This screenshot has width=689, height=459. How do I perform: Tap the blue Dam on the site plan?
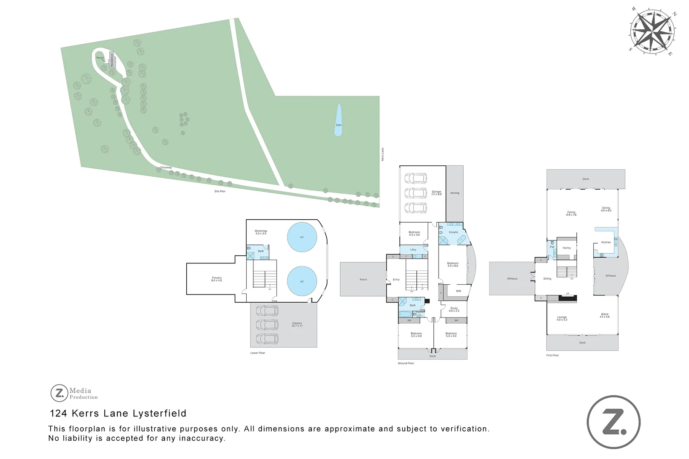(339, 121)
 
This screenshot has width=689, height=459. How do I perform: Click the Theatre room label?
(216, 279)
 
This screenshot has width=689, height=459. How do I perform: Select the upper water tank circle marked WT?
(302, 237)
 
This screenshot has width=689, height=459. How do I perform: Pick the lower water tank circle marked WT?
(302, 281)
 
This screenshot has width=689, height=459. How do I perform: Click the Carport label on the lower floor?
(297, 324)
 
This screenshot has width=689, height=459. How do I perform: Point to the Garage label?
(436, 193)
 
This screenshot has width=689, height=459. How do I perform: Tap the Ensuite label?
(453, 232)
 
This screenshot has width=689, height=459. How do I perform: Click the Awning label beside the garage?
(455, 193)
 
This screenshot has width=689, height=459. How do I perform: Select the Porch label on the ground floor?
(363, 280)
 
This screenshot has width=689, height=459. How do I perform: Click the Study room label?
(454, 309)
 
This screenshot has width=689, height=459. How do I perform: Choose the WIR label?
(458, 291)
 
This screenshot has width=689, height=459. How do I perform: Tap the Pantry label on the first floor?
(567, 248)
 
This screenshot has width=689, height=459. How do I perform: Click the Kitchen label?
(606, 242)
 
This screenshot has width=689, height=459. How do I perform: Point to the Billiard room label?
(604, 315)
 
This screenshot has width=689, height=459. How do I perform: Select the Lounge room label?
(562, 318)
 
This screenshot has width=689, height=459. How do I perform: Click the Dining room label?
(606, 209)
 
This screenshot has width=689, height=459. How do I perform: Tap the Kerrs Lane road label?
(382, 154)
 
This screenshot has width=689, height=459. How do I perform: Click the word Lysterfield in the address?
(159, 413)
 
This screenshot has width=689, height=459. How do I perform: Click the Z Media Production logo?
(74, 393)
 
